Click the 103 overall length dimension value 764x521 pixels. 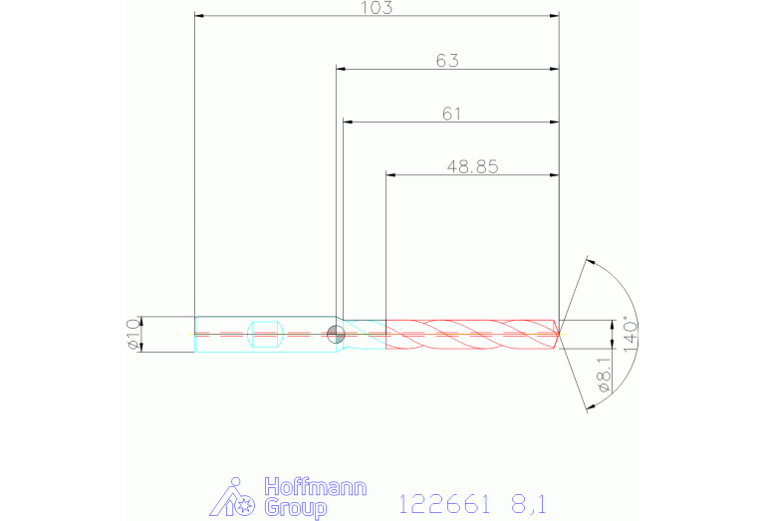click(x=377, y=8)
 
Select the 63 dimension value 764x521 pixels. click(x=447, y=61)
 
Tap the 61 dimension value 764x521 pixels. click(x=451, y=114)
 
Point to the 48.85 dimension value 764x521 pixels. click(x=472, y=166)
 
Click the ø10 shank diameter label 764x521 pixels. click(x=132, y=335)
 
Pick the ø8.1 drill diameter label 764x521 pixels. click(x=604, y=375)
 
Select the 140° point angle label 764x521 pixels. click(x=630, y=337)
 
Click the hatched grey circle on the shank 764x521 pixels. click(x=336, y=335)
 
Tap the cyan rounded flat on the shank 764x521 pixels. click(x=266, y=334)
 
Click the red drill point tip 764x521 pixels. click(x=559, y=335)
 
